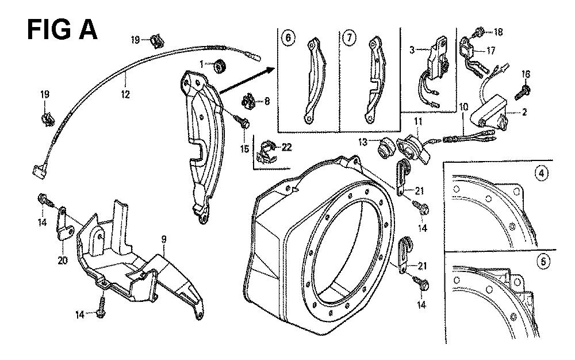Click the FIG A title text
point(62,29)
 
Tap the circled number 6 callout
point(287,38)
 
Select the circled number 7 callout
point(348,38)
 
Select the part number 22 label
point(286,147)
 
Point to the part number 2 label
point(524,113)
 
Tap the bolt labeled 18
point(480,32)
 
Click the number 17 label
point(490,50)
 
